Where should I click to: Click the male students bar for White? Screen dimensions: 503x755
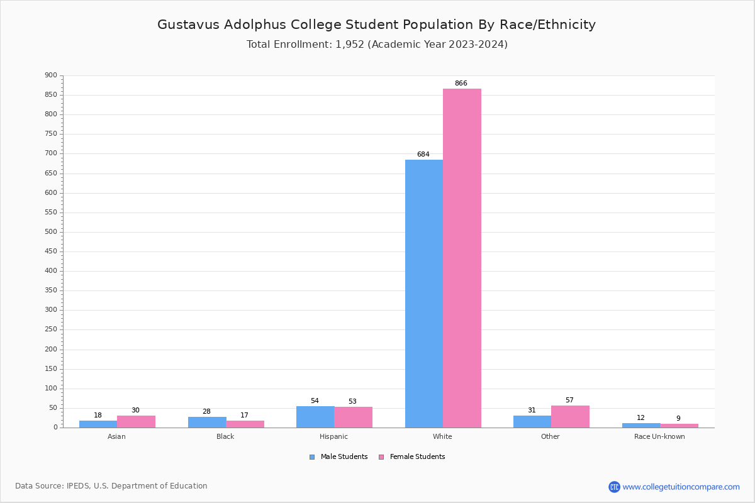click(x=423, y=294)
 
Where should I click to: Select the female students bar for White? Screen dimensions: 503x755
click(x=462, y=258)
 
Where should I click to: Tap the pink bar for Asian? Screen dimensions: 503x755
click(x=136, y=421)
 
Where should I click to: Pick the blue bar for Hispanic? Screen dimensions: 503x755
click(x=315, y=417)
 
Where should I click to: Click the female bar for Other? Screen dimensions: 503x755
click(x=570, y=416)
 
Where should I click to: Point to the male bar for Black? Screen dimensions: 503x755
click(x=207, y=422)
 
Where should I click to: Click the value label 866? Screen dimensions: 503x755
click(x=461, y=84)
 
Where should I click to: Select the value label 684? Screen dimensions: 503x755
click(x=423, y=155)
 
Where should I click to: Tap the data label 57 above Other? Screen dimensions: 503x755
click(x=569, y=401)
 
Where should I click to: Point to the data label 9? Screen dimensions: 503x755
click(x=678, y=419)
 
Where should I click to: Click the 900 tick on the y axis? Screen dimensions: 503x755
click(x=51, y=75)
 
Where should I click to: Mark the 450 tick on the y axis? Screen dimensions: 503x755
click(x=51, y=251)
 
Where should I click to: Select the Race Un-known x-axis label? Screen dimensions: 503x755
click(x=659, y=437)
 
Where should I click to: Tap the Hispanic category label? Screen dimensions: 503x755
click(x=333, y=437)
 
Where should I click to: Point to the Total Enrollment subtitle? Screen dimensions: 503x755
click(x=377, y=45)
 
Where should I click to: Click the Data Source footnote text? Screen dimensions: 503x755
click(x=111, y=486)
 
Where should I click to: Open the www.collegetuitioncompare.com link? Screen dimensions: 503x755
click(x=681, y=487)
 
